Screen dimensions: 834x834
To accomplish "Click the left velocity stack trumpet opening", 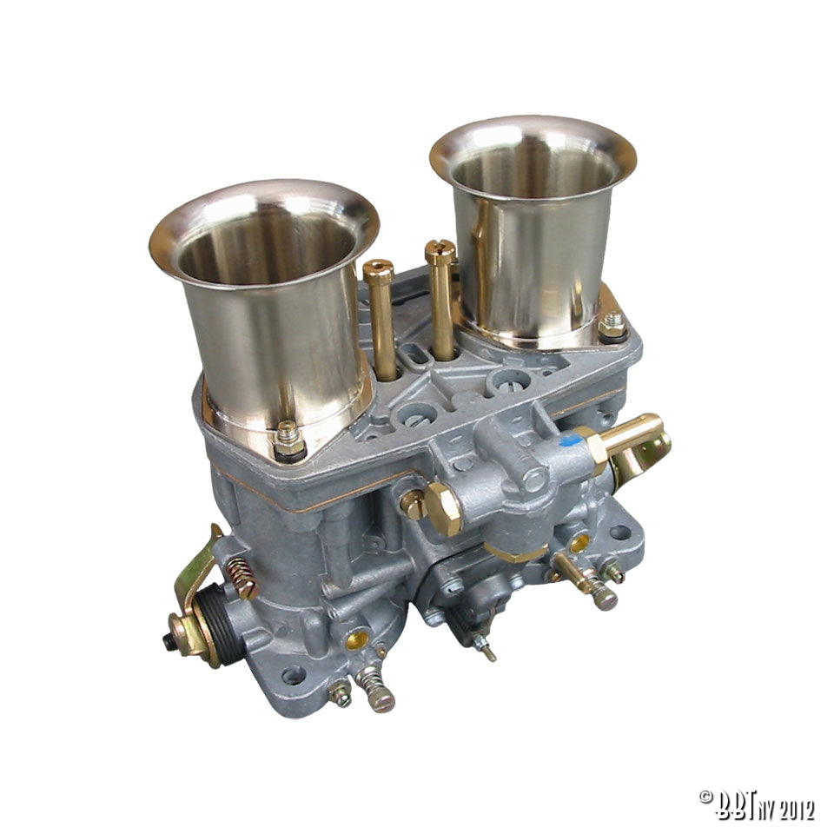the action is [x=264, y=234].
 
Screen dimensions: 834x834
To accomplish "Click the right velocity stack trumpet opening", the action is [x=533, y=161].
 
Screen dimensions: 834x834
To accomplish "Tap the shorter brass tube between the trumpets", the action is [x=380, y=318].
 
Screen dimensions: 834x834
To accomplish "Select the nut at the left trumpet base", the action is [x=288, y=440].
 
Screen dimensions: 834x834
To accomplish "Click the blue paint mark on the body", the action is [x=572, y=440].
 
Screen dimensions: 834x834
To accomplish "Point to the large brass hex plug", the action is [x=442, y=509].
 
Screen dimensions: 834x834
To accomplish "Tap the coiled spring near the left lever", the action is [x=242, y=579].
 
